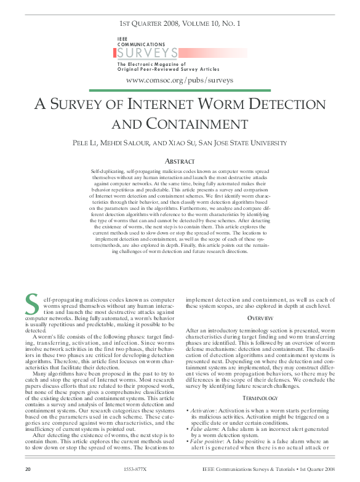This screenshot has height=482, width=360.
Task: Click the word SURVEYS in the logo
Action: coord(148,54)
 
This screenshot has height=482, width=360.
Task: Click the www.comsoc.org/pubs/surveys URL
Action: coord(180,80)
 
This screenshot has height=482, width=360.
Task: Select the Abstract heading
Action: coord(180,161)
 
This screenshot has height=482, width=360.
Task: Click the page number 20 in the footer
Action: coord(28,469)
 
